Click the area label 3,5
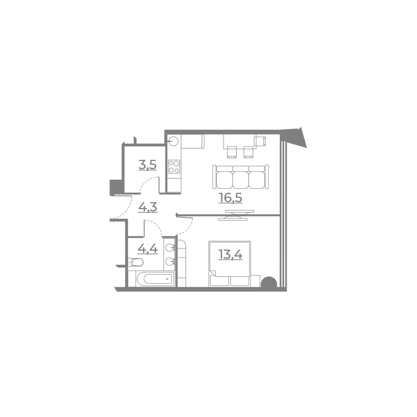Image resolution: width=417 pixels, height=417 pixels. [148, 165]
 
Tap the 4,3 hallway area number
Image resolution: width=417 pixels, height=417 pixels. [148, 207]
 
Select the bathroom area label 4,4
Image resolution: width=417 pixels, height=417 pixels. [148, 249]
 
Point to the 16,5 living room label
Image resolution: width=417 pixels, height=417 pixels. [230, 198]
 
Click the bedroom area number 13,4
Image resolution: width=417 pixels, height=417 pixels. [230, 255]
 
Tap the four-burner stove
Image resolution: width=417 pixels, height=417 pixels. [174, 167]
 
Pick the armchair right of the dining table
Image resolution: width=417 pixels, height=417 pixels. [260, 141]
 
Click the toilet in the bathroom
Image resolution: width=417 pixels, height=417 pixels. [136, 262]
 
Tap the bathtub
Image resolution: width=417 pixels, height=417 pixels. [155, 279]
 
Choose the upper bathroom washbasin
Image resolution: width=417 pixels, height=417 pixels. [170, 248]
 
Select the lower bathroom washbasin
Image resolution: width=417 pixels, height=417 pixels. [170, 262]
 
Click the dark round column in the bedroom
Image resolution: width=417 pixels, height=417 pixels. [269, 283]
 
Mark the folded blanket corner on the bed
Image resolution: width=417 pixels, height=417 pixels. [213, 273]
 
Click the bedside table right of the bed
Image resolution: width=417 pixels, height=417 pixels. [255, 281]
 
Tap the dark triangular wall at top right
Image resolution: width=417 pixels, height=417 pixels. [296, 136]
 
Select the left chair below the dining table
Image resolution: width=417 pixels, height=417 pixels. [231, 152]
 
